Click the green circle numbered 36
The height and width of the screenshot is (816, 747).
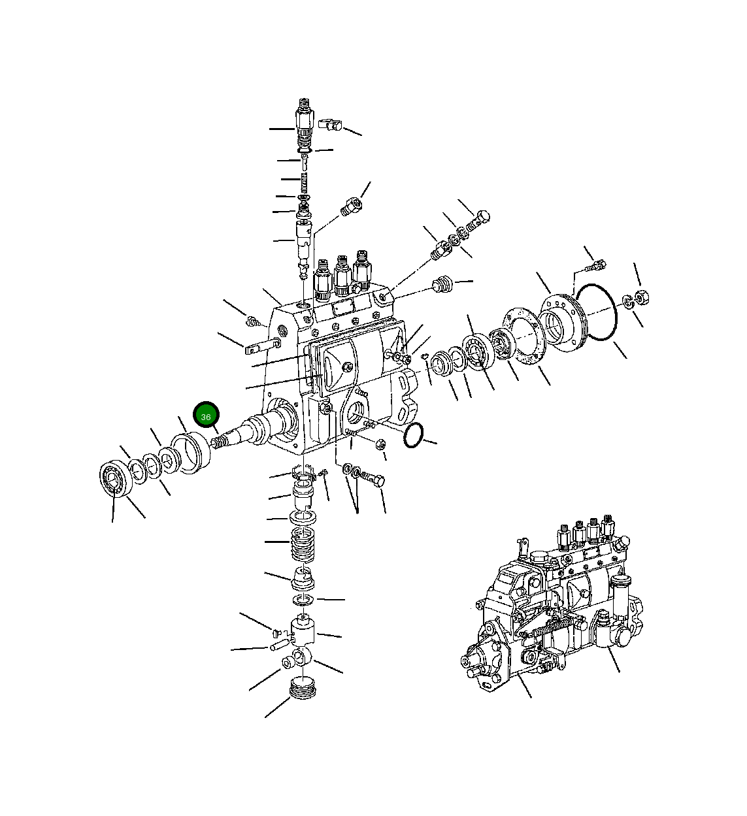(x=206, y=415)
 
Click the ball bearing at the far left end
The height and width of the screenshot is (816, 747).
(x=116, y=478)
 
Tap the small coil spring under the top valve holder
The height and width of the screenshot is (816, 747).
(x=304, y=183)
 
